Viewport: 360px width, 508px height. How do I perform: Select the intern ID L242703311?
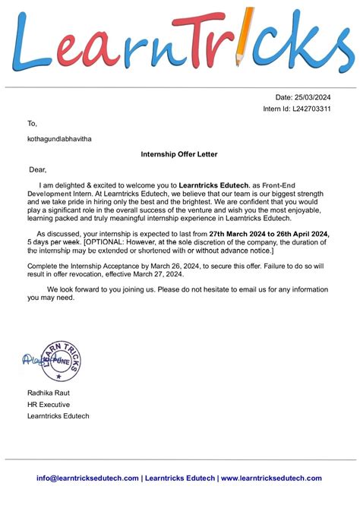[x=311, y=109]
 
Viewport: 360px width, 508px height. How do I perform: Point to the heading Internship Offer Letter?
[x=179, y=154]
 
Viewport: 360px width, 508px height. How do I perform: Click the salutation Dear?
[x=38, y=169]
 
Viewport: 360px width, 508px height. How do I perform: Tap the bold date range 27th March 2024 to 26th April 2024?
[x=269, y=234]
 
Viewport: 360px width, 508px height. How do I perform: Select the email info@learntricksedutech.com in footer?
[x=87, y=478]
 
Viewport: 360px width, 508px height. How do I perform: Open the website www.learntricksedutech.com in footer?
[x=270, y=478]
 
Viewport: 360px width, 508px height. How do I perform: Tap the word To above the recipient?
[x=32, y=123]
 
